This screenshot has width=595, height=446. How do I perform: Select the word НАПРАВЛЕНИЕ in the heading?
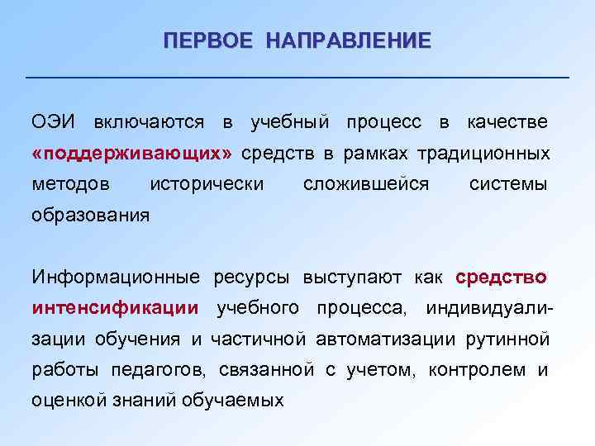pos(348,40)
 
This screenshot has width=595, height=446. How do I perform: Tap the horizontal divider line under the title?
pos(297,77)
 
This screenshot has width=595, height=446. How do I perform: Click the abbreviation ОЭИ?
pos(54,122)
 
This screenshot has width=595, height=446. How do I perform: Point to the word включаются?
pos(149,122)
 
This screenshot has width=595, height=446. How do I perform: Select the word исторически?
pos(207,184)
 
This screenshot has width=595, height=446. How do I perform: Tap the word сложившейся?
pos(366,184)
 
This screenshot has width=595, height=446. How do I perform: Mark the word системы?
pos(507,184)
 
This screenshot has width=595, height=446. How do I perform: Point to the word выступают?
pos(345,277)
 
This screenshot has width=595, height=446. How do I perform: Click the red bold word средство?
pos(501,277)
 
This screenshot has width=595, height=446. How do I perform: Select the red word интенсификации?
pos(115,308)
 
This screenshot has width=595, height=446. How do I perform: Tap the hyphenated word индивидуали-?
pos(489,308)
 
